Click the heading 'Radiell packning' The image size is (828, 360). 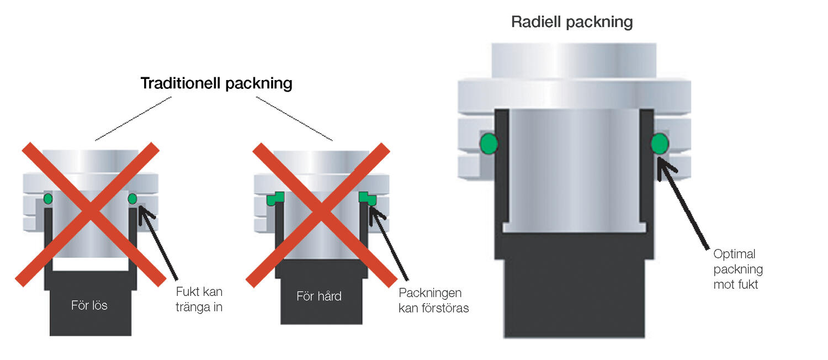[572, 22]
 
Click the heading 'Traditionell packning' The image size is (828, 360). [216, 83]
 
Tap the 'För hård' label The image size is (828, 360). [319, 296]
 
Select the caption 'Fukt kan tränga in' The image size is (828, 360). [199, 299]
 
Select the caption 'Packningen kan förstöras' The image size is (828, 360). [433, 300]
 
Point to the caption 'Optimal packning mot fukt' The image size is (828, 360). [738, 269]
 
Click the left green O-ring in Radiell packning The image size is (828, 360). [489, 143]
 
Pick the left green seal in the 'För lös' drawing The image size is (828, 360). [48, 198]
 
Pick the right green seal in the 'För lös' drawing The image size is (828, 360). [132, 198]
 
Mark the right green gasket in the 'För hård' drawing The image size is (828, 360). [367, 199]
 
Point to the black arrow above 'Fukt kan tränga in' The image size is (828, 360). [160, 243]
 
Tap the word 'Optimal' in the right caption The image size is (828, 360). [734, 255]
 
